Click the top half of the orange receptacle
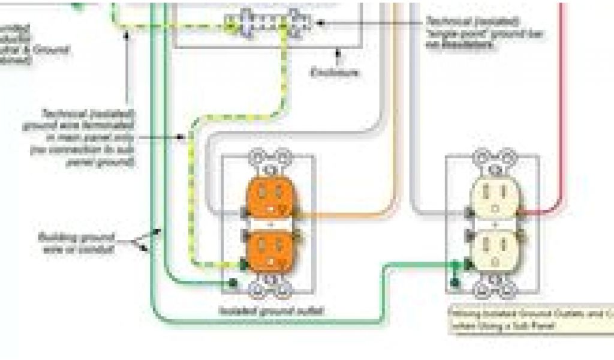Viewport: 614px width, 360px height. point(271,201)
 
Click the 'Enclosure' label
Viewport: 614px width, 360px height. point(336,73)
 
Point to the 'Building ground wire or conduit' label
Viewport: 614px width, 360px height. point(77,241)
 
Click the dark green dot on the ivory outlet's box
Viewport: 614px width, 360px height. point(455,281)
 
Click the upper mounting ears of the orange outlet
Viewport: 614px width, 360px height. point(270,158)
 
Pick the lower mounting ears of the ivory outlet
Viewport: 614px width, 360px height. point(494,290)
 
